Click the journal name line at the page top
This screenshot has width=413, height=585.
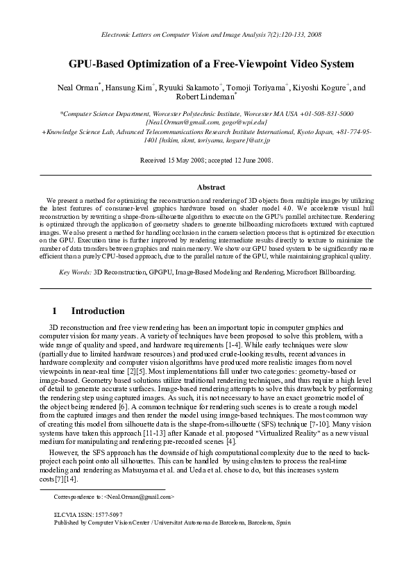[206, 34]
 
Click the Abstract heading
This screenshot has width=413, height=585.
[211, 188]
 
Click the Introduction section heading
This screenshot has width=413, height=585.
[98, 311]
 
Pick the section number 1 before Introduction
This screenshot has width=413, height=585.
[54, 311]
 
